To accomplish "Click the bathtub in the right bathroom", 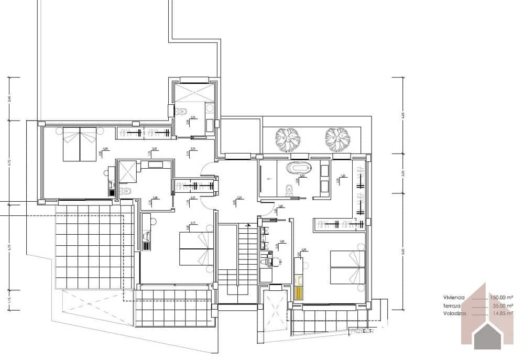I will click(299, 169).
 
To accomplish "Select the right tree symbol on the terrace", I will click(337, 138).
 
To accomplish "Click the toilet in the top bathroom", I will click(182, 111).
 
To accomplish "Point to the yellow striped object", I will click(299, 291).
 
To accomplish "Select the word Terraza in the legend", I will click(452, 306).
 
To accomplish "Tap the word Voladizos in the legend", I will click(454, 314).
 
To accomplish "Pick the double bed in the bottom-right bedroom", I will click(347, 267).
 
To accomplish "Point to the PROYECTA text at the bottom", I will click(361, 331).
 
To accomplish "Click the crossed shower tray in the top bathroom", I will click(194, 93).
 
